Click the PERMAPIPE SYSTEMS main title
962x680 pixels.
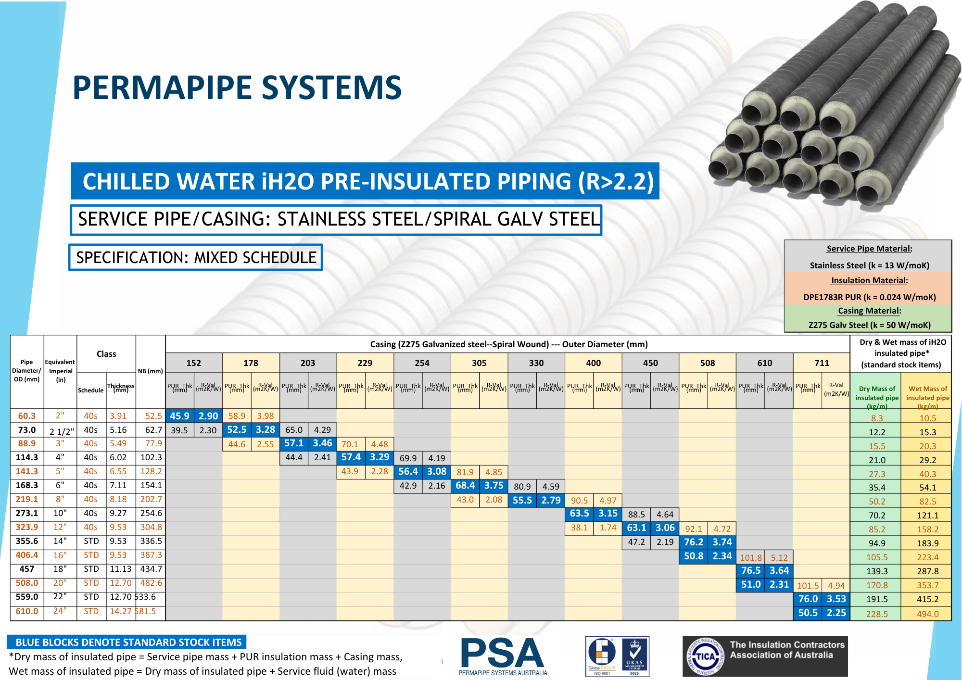coord(237,88)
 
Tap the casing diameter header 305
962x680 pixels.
coord(479,363)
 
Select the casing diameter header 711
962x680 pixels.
coord(822,363)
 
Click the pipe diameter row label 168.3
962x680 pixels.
coord(27,485)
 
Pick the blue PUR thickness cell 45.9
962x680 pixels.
coord(179,416)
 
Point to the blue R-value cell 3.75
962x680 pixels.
coord(494,486)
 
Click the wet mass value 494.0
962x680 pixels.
coord(927,614)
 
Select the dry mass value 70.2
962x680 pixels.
coord(877,515)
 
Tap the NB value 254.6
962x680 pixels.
coord(151,513)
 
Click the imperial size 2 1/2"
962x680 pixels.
coord(62,431)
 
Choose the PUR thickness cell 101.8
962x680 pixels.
coord(750,558)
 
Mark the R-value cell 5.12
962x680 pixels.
coord(779,558)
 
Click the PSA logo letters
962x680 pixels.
coord(502,654)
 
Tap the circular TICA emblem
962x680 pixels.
coord(705,656)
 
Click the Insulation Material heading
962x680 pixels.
coord(869,280)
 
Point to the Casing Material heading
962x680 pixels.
coord(869,311)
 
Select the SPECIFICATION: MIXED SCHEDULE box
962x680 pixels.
coord(196,258)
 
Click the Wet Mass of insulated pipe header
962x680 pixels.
coord(927,396)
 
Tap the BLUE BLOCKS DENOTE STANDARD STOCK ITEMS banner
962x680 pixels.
coord(128,642)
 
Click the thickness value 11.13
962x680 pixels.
coord(120,569)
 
